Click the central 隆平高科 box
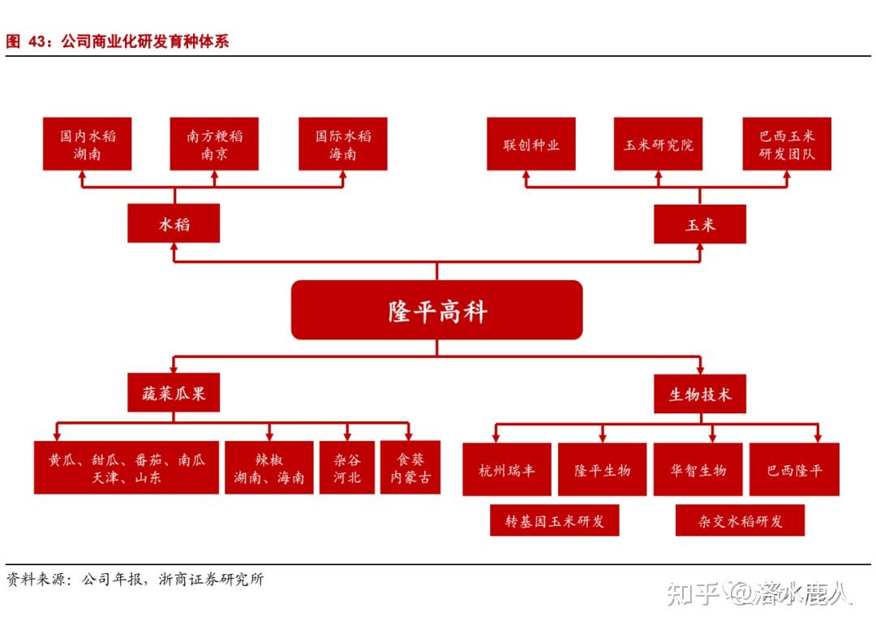(x=436, y=310)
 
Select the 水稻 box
(x=174, y=223)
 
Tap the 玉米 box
(x=700, y=223)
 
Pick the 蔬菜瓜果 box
(x=174, y=395)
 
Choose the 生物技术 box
(x=700, y=395)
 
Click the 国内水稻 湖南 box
(x=88, y=144)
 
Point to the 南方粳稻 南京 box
(x=214, y=144)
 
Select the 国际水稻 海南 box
(x=343, y=144)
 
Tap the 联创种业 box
(x=531, y=144)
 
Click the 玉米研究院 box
(x=658, y=144)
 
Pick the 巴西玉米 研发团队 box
(x=787, y=144)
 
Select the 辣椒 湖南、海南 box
(x=269, y=468)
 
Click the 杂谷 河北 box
(x=347, y=468)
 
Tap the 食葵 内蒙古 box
(x=410, y=468)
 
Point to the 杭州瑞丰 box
(x=507, y=469)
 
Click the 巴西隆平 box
(x=794, y=469)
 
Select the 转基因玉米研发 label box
(x=555, y=520)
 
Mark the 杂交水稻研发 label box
(x=740, y=520)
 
